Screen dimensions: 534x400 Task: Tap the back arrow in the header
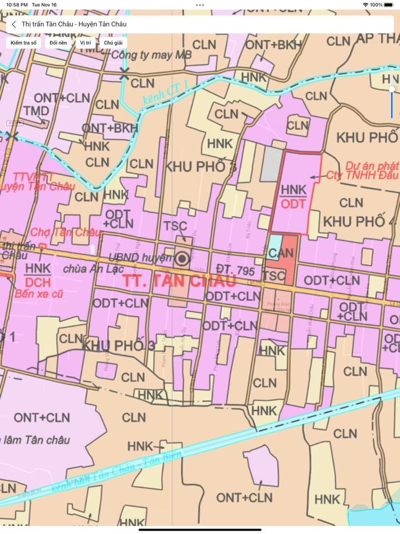[14, 25]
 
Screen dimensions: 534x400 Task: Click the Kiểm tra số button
[23, 43]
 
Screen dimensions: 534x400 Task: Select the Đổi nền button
[58, 43]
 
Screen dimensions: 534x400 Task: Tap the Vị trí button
[86, 43]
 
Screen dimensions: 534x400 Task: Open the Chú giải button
[113, 43]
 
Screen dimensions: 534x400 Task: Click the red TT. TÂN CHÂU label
[179, 281]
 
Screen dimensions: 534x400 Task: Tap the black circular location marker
[183, 258]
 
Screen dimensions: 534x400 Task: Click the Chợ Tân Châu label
[65, 232]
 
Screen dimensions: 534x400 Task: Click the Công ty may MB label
[151, 55]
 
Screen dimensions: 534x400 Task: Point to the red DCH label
[38, 282]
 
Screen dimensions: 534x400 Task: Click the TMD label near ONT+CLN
[36, 110]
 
